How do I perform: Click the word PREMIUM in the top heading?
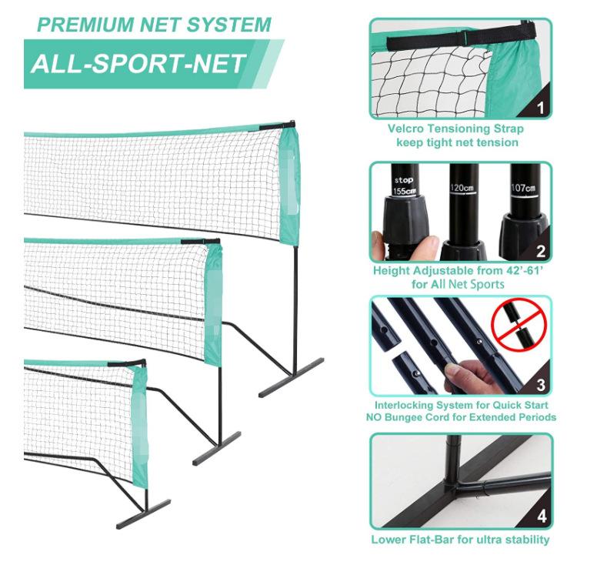(85, 25)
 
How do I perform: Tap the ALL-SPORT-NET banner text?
(138, 64)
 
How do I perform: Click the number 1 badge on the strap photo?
(540, 108)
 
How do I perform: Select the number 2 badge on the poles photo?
(541, 252)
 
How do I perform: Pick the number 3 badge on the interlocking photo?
(541, 385)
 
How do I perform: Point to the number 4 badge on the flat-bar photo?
(542, 517)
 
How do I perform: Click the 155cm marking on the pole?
(405, 191)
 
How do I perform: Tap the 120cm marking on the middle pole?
(462, 188)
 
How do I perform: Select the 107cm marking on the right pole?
(523, 188)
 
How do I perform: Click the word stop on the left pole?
(403, 180)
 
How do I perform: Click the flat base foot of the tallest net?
(291, 378)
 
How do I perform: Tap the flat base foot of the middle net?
(217, 449)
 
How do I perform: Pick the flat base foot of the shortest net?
(143, 514)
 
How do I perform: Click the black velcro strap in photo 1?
(462, 36)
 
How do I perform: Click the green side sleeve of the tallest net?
(289, 186)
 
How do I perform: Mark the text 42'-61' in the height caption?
(525, 270)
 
